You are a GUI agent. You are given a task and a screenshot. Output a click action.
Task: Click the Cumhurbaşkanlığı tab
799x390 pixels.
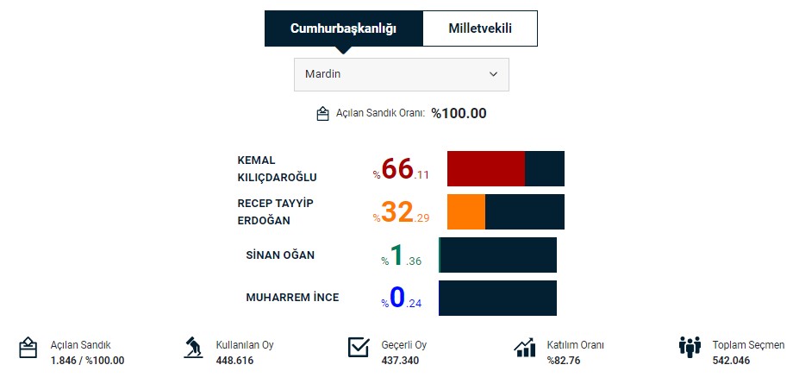click(x=343, y=28)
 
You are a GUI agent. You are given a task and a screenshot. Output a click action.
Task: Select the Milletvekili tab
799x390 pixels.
click(x=480, y=28)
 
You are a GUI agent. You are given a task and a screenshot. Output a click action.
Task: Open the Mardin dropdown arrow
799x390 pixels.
click(x=494, y=74)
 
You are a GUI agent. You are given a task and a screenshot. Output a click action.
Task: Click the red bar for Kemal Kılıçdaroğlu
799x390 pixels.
click(x=486, y=168)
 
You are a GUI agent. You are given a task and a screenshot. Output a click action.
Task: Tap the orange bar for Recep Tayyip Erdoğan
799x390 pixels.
click(x=466, y=211)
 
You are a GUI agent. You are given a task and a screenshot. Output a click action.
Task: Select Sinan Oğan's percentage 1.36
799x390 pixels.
click(x=402, y=256)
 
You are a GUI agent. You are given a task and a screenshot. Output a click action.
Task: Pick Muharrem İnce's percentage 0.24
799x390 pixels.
click(x=402, y=299)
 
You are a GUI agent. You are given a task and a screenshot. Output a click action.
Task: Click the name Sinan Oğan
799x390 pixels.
click(x=280, y=255)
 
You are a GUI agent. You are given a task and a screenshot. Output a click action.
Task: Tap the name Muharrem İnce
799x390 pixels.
click(x=292, y=298)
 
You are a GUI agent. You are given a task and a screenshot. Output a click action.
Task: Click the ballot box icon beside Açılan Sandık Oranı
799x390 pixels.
click(x=323, y=114)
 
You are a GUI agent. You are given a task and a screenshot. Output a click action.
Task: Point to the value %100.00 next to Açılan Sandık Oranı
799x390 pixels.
click(x=459, y=113)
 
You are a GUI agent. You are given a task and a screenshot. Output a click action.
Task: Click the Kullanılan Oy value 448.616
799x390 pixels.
click(x=234, y=361)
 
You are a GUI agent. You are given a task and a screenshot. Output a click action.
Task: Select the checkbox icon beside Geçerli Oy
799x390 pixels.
click(x=359, y=348)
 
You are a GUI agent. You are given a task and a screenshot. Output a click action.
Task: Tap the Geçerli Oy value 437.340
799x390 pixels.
click(x=400, y=361)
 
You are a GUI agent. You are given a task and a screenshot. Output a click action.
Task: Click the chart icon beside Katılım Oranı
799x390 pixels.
click(x=525, y=348)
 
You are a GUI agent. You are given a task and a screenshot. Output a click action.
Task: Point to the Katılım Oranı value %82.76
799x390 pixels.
click(x=565, y=361)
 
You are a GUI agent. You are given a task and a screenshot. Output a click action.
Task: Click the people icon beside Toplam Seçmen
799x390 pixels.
click(x=690, y=348)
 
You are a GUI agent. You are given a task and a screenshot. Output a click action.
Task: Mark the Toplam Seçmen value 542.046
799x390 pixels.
click(x=731, y=361)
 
